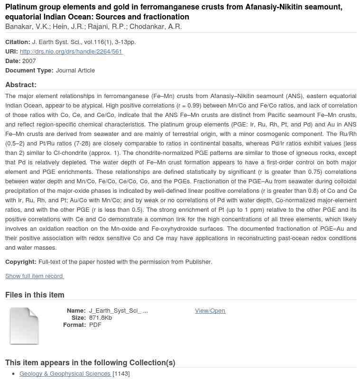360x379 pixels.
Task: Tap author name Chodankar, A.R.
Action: coord(156,27)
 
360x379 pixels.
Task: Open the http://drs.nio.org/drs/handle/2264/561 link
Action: coord(71,52)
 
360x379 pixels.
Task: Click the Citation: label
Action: coord(18,42)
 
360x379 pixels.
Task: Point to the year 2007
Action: coord(29,61)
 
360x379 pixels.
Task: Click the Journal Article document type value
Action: coord(75,71)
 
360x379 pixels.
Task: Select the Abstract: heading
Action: coord(21,85)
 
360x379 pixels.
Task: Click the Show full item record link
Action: coord(34,276)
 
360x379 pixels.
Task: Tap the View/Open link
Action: coord(210,311)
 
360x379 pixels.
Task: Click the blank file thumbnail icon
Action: coord(24,326)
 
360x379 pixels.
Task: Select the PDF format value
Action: coord(95,325)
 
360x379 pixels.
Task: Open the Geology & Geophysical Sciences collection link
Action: coord(65,374)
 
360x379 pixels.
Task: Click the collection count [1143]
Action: coord(121,374)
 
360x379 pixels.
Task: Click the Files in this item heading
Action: coord(35,295)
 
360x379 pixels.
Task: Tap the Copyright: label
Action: coord(21,262)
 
